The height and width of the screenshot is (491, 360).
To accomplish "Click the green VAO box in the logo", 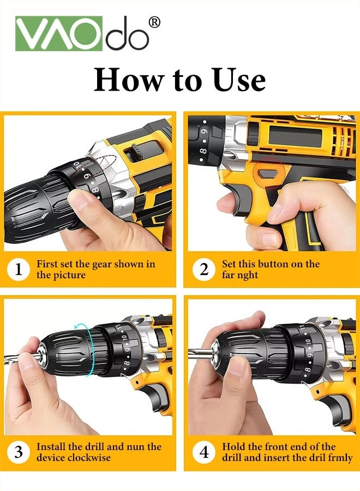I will coord(59,33).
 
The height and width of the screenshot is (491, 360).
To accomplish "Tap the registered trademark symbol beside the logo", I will coord(154,22).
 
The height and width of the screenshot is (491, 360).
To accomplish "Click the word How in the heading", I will coord(129,80).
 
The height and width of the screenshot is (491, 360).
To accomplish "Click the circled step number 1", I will coord(19,269).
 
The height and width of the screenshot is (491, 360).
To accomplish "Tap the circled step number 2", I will coord(203,269).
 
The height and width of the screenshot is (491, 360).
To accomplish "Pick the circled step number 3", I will coord(19,452).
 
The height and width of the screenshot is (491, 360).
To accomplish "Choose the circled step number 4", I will coord(203,452).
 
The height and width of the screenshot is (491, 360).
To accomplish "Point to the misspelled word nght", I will coord(248,275).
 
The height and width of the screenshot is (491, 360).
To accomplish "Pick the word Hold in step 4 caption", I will coord(233,447).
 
